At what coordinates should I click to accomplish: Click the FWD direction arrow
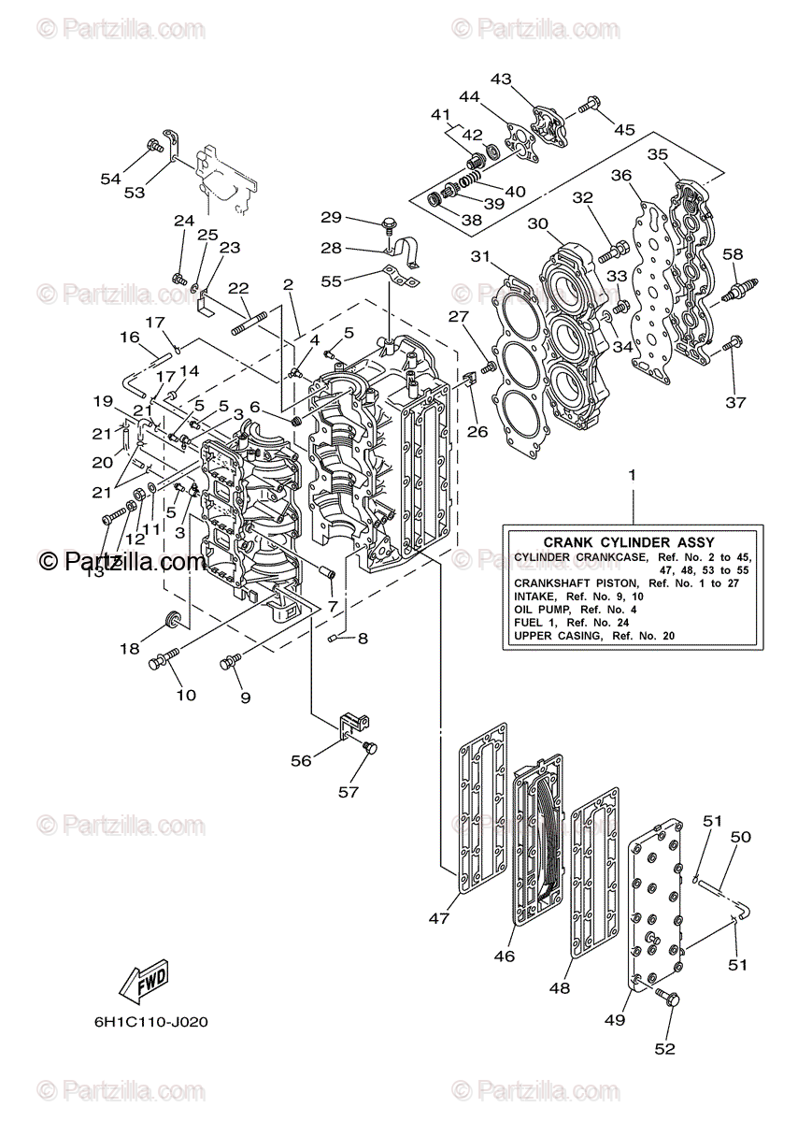point(144,983)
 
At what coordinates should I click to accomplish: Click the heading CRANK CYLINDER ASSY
point(629,542)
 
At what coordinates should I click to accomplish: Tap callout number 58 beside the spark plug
point(733,254)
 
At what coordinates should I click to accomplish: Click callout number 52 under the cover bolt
point(663,1048)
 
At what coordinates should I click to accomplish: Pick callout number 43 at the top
point(502,79)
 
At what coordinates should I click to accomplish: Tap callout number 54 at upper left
point(111,178)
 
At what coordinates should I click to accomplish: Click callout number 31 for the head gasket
point(480,256)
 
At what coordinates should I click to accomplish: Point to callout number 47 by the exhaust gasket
point(440,918)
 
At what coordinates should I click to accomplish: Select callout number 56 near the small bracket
point(301,760)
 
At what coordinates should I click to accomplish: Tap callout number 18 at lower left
point(129,647)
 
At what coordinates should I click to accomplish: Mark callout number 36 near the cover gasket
point(622,176)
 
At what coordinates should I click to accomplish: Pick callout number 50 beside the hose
point(740,838)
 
